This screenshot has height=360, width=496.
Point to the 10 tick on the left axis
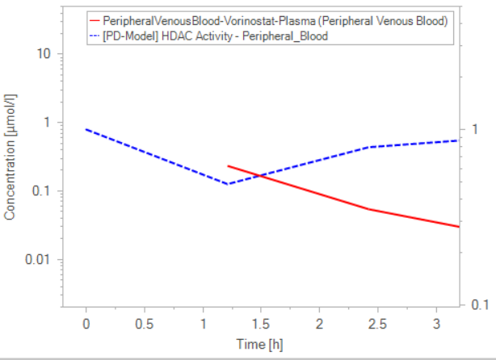tap(40, 53)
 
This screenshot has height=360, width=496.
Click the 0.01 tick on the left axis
tap(36, 260)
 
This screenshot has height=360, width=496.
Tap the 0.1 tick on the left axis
tap(38, 191)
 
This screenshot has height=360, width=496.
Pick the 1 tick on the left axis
tap(44, 123)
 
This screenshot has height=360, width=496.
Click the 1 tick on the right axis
tap(476, 130)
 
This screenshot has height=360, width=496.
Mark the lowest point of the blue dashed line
tap(229, 184)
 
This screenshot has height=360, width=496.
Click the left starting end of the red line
tap(229, 165)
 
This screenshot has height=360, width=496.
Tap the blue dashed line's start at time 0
tap(86, 129)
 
